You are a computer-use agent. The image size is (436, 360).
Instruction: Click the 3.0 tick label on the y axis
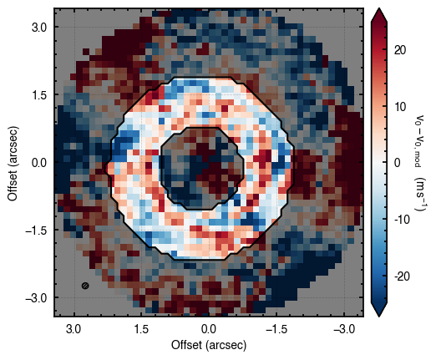pyautogui.click(x=38, y=28)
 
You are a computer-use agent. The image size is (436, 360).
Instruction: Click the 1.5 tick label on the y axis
pyautogui.click(x=38, y=95)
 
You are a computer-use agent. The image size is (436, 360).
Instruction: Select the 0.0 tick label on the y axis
pyautogui.click(x=38, y=163)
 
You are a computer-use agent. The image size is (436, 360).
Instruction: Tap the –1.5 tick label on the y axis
pyautogui.click(x=36, y=231)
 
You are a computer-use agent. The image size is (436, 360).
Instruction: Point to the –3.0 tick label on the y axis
pyautogui.click(x=36, y=298)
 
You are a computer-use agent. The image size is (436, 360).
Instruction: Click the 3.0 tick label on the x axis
pyautogui.click(x=74, y=329)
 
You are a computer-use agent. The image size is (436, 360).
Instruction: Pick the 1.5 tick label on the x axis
pyautogui.click(x=141, y=329)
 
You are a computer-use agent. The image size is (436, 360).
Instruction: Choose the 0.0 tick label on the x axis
pyautogui.click(x=209, y=329)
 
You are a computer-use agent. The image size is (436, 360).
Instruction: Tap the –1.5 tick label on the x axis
pyautogui.click(x=276, y=329)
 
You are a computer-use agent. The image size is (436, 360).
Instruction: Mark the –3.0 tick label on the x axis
pyautogui.click(x=344, y=329)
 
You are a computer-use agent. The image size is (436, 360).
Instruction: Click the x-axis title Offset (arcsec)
pyautogui.click(x=209, y=345)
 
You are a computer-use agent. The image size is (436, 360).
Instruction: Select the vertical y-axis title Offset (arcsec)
pyautogui.click(x=13, y=163)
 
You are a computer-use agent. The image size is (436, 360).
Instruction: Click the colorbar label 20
pyautogui.click(x=400, y=50)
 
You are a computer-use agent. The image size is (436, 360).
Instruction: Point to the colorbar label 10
pyautogui.click(x=400, y=107)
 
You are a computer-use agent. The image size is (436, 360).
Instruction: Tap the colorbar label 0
pyautogui.click(x=398, y=163)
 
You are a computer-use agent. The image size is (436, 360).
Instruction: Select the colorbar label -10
pyautogui.click(x=402, y=220)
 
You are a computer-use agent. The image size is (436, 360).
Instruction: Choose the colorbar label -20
pyautogui.click(x=402, y=276)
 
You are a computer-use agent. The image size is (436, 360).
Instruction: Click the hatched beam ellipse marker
pyautogui.click(x=85, y=286)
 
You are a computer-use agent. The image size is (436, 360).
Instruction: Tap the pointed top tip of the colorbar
pyautogui.click(x=379, y=8)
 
